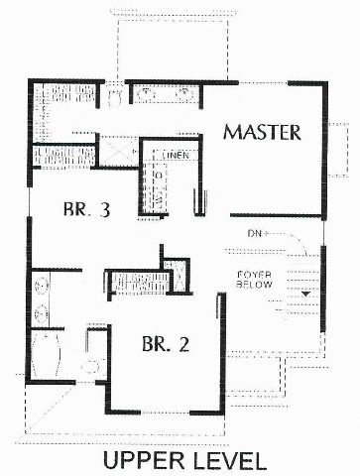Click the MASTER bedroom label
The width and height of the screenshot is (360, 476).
point(262,132)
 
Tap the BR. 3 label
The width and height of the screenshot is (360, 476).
point(86,209)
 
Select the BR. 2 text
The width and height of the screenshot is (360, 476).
point(166,344)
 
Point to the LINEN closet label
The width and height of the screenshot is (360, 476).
point(176,155)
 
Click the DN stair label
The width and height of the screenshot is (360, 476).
point(254,234)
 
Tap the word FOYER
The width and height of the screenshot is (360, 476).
point(254,275)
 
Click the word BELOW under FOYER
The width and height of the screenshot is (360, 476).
point(254,285)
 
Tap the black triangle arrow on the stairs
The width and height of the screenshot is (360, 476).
point(306,294)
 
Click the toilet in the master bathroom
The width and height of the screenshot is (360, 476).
point(115,96)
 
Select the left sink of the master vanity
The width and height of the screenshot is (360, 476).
point(146,95)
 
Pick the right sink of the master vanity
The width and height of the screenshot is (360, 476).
point(184,95)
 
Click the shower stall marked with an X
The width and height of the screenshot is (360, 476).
point(119,151)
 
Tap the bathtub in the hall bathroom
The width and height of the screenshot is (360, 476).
point(46,355)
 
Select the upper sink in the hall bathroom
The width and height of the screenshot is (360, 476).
point(42,285)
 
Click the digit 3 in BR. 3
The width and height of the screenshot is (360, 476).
point(104,210)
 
